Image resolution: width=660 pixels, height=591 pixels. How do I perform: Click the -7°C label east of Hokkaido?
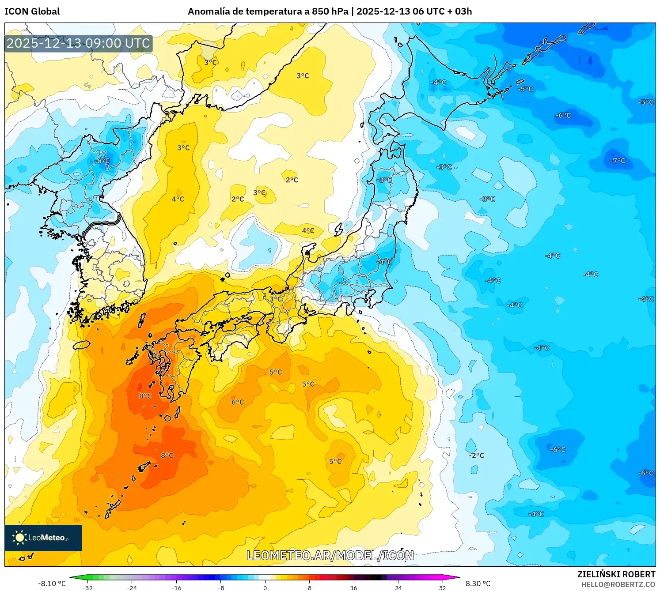pyautogui.click(x=618, y=161)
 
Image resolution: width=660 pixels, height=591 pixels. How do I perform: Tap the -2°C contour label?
pyautogui.click(x=477, y=455)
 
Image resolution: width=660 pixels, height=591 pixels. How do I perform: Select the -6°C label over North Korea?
pyautogui.click(x=102, y=161)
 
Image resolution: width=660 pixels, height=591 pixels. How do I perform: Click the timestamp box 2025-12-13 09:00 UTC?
pyautogui.click(x=79, y=43)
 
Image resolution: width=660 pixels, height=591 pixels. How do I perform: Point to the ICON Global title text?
pyautogui.click(x=32, y=11)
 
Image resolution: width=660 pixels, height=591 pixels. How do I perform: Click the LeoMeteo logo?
pyautogui.click(x=43, y=538)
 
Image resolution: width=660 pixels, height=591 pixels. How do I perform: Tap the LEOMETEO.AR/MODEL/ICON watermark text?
pyautogui.click(x=330, y=555)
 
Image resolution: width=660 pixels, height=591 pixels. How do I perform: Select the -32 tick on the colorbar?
pyautogui.click(x=87, y=587)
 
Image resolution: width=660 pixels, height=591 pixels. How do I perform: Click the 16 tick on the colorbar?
pyautogui.click(x=353, y=587)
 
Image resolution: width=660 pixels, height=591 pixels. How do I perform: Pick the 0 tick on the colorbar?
pyautogui.click(x=265, y=587)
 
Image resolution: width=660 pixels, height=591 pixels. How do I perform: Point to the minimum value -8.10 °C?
pyautogui.click(x=52, y=583)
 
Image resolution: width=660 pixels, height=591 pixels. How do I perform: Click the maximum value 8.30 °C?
pyautogui.click(x=478, y=583)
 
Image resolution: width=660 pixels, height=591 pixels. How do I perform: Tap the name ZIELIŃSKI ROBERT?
pyautogui.click(x=616, y=574)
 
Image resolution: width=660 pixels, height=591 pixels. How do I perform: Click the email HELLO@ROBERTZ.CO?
pyautogui.click(x=618, y=584)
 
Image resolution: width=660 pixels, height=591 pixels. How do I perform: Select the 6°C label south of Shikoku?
pyautogui.click(x=238, y=402)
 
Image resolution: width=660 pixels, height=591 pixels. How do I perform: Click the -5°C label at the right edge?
pyautogui.click(x=645, y=102)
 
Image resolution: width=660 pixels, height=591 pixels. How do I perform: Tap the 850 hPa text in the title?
pyautogui.click(x=330, y=11)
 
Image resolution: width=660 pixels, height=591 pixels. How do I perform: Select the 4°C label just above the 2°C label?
pyautogui.click(x=178, y=199)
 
